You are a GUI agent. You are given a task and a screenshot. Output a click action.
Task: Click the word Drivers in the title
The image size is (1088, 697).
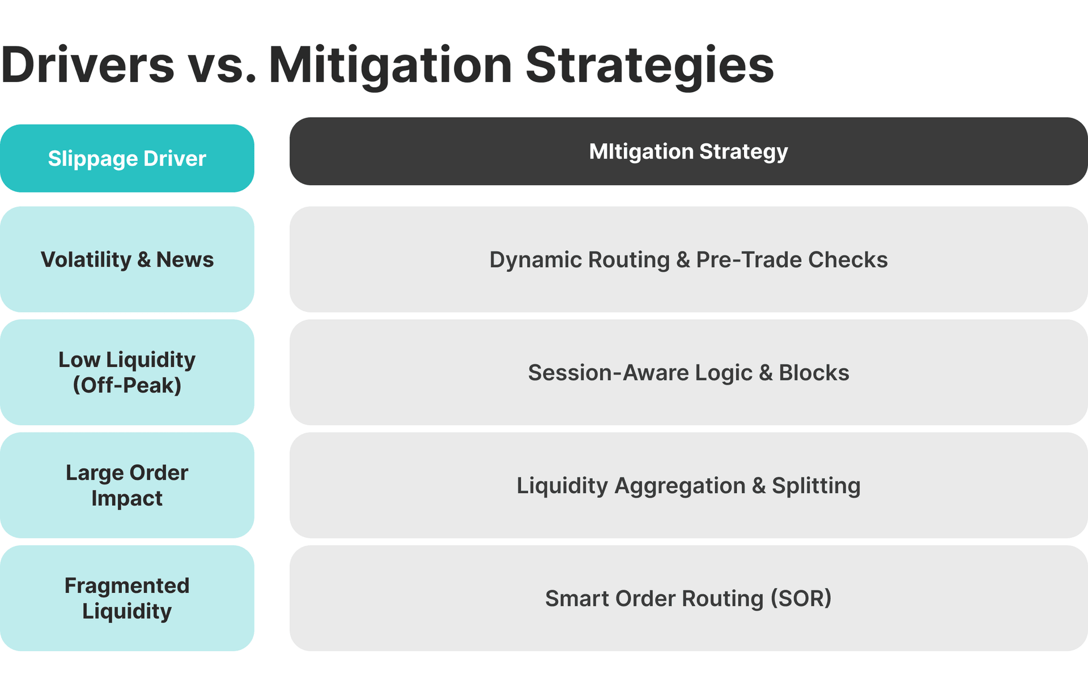click(88, 65)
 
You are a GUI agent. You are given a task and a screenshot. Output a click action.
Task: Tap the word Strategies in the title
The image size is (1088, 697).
click(649, 65)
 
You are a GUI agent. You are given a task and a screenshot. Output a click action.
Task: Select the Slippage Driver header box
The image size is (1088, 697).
click(127, 159)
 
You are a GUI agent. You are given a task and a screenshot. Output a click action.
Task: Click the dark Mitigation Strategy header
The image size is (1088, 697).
click(688, 152)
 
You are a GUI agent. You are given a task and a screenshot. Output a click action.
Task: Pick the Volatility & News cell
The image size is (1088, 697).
click(127, 259)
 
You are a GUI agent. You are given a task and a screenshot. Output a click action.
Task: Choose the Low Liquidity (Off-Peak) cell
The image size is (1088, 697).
click(127, 372)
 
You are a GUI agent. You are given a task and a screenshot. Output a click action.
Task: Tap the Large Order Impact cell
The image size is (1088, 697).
click(127, 485)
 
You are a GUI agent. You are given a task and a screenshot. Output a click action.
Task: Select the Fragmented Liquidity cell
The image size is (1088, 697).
click(127, 598)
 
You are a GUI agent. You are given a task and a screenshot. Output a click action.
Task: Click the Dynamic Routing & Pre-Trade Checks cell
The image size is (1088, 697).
click(688, 259)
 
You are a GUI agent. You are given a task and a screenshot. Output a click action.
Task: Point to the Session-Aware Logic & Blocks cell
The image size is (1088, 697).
click(688, 372)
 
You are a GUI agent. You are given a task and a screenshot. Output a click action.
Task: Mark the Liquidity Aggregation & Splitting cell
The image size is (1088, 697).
click(688, 485)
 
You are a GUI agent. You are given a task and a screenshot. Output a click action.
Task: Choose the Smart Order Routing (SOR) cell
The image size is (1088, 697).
click(688, 598)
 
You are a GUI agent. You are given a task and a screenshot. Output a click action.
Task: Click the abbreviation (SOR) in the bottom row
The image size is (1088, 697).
click(801, 598)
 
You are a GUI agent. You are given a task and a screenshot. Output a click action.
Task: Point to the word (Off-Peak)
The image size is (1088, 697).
click(127, 386)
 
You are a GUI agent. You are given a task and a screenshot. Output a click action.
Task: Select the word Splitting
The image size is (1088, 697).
click(816, 486)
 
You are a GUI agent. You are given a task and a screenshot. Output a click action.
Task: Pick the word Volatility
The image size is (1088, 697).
click(86, 260)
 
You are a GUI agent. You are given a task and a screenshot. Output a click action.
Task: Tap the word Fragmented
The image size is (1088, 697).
click(127, 585)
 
